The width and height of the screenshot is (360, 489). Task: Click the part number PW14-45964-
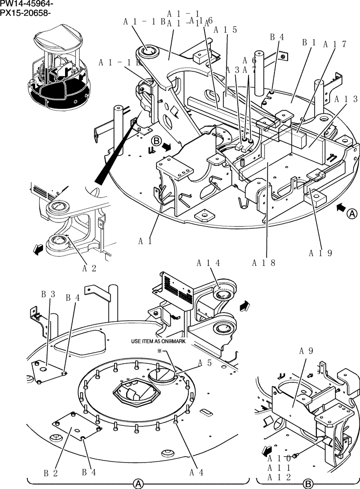tap(27, 4)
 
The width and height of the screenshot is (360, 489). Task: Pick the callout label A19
tap(320, 253)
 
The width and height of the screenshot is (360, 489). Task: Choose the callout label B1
tap(308, 43)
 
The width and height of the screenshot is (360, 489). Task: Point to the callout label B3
tap(47, 294)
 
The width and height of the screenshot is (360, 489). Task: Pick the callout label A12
tap(279, 477)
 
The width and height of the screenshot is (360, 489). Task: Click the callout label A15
tap(225, 29)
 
